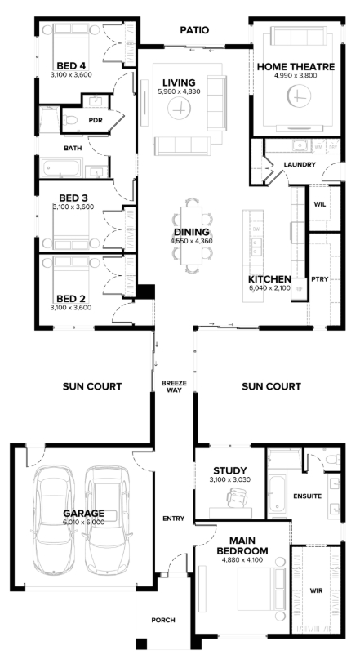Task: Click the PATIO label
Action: point(194,30)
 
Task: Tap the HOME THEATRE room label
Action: point(296,67)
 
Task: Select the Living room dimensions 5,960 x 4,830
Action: point(179,91)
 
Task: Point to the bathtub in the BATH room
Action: point(60,167)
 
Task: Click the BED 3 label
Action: point(73,198)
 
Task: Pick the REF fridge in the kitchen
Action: point(299,289)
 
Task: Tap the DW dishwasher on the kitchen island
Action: point(256,229)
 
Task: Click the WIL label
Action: point(320,205)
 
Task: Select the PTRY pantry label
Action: point(320,279)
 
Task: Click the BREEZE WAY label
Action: point(174,386)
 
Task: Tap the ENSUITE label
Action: point(308,496)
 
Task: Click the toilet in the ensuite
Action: point(334,459)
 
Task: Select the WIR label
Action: point(316,590)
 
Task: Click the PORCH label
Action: point(163,620)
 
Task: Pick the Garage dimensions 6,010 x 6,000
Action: point(83,523)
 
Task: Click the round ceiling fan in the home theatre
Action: point(299,96)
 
